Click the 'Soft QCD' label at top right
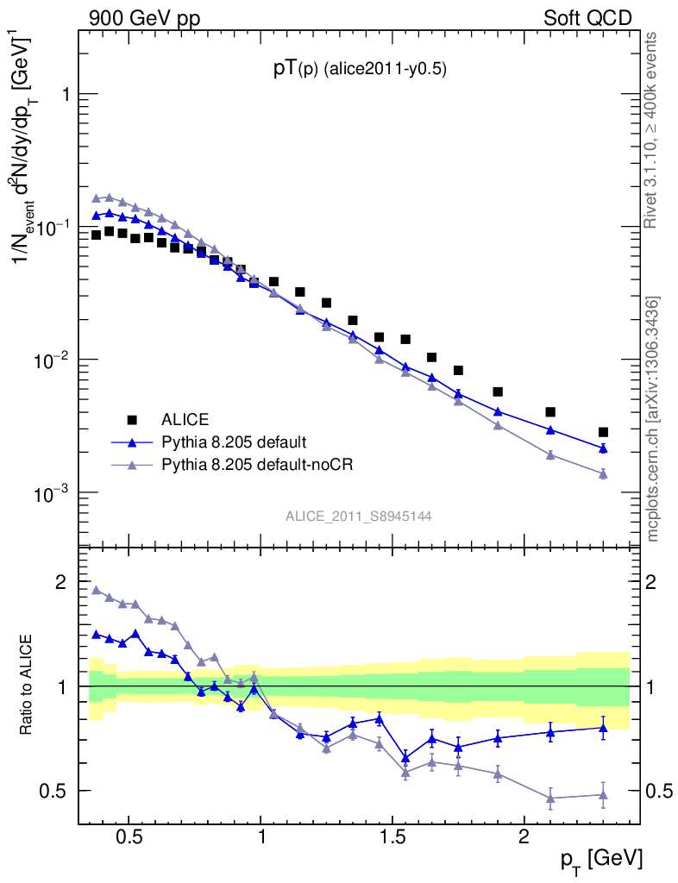pos(587,17)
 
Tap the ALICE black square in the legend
pos(132,420)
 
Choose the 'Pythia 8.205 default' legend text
pos(234,442)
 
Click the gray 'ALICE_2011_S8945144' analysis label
pos(359,517)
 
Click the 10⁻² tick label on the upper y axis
pos(51,360)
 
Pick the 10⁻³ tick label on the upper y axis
pos(51,492)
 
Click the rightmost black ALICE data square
pos(603,432)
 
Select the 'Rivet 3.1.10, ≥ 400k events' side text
pos(652,130)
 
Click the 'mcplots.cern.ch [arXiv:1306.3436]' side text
pos(653,419)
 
